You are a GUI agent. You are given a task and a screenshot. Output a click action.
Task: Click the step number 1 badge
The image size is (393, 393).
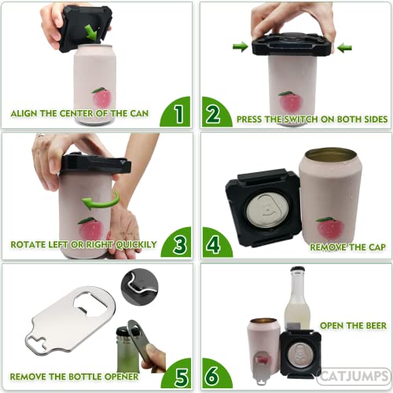[x=178, y=114]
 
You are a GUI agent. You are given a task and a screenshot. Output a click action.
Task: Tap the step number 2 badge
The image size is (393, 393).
[x=213, y=114]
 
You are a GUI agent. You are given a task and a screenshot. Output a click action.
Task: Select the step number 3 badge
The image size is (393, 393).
[x=178, y=243]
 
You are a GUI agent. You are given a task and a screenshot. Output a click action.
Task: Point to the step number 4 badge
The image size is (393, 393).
[x=213, y=243]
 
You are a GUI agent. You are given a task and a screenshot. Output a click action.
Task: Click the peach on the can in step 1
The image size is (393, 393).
[x=101, y=98]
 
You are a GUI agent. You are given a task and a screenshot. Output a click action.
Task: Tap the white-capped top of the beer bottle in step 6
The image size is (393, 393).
[x=297, y=274]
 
